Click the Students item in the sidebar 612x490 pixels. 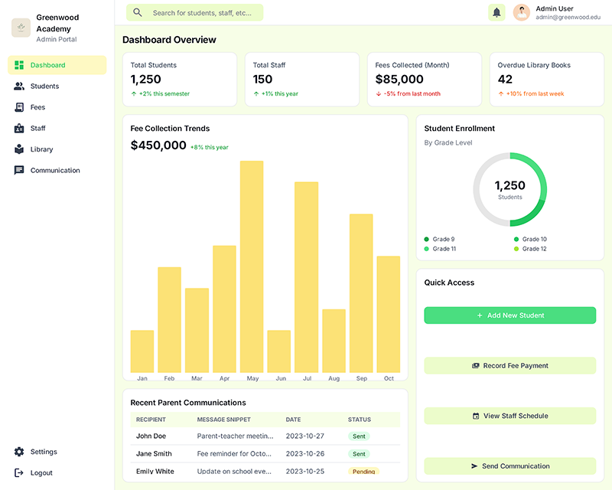tap(44, 87)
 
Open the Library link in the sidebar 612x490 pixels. tap(41, 149)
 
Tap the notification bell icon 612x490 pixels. tap(496, 12)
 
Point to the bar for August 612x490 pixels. tap(334, 341)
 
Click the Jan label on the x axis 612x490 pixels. tap(142, 378)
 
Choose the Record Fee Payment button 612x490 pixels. tap(509, 366)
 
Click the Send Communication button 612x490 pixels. tap(509, 466)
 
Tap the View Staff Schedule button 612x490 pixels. tap(509, 416)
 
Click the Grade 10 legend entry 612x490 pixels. tap(534, 240)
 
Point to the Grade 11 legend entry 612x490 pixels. tap(444, 249)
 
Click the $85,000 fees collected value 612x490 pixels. tap(399, 79)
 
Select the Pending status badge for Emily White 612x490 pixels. tap(363, 472)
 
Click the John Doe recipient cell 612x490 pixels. tap(151, 436)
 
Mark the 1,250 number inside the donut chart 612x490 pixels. tap(509, 185)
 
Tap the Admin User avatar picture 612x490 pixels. tap(522, 12)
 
